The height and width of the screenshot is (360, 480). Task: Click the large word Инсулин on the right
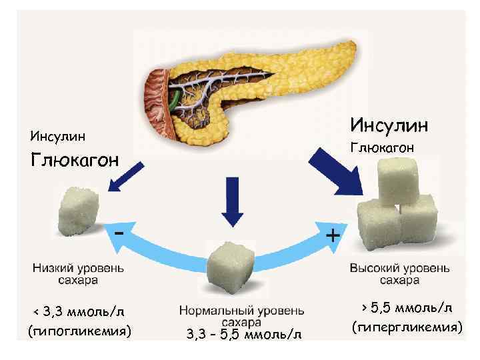pos(389,125)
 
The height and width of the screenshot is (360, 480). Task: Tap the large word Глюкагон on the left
pos(75,161)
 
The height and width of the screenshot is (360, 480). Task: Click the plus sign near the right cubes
pos(332,235)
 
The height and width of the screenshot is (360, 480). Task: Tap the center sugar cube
pos(233,267)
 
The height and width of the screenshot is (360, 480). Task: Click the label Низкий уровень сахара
pos(79,274)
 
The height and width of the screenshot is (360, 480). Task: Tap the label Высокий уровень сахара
pos(399,274)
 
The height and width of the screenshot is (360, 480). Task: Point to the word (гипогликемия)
pos(79,331)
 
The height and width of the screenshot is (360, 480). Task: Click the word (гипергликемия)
pos(407,327)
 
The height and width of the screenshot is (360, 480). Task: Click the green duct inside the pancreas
pos(174,99)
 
